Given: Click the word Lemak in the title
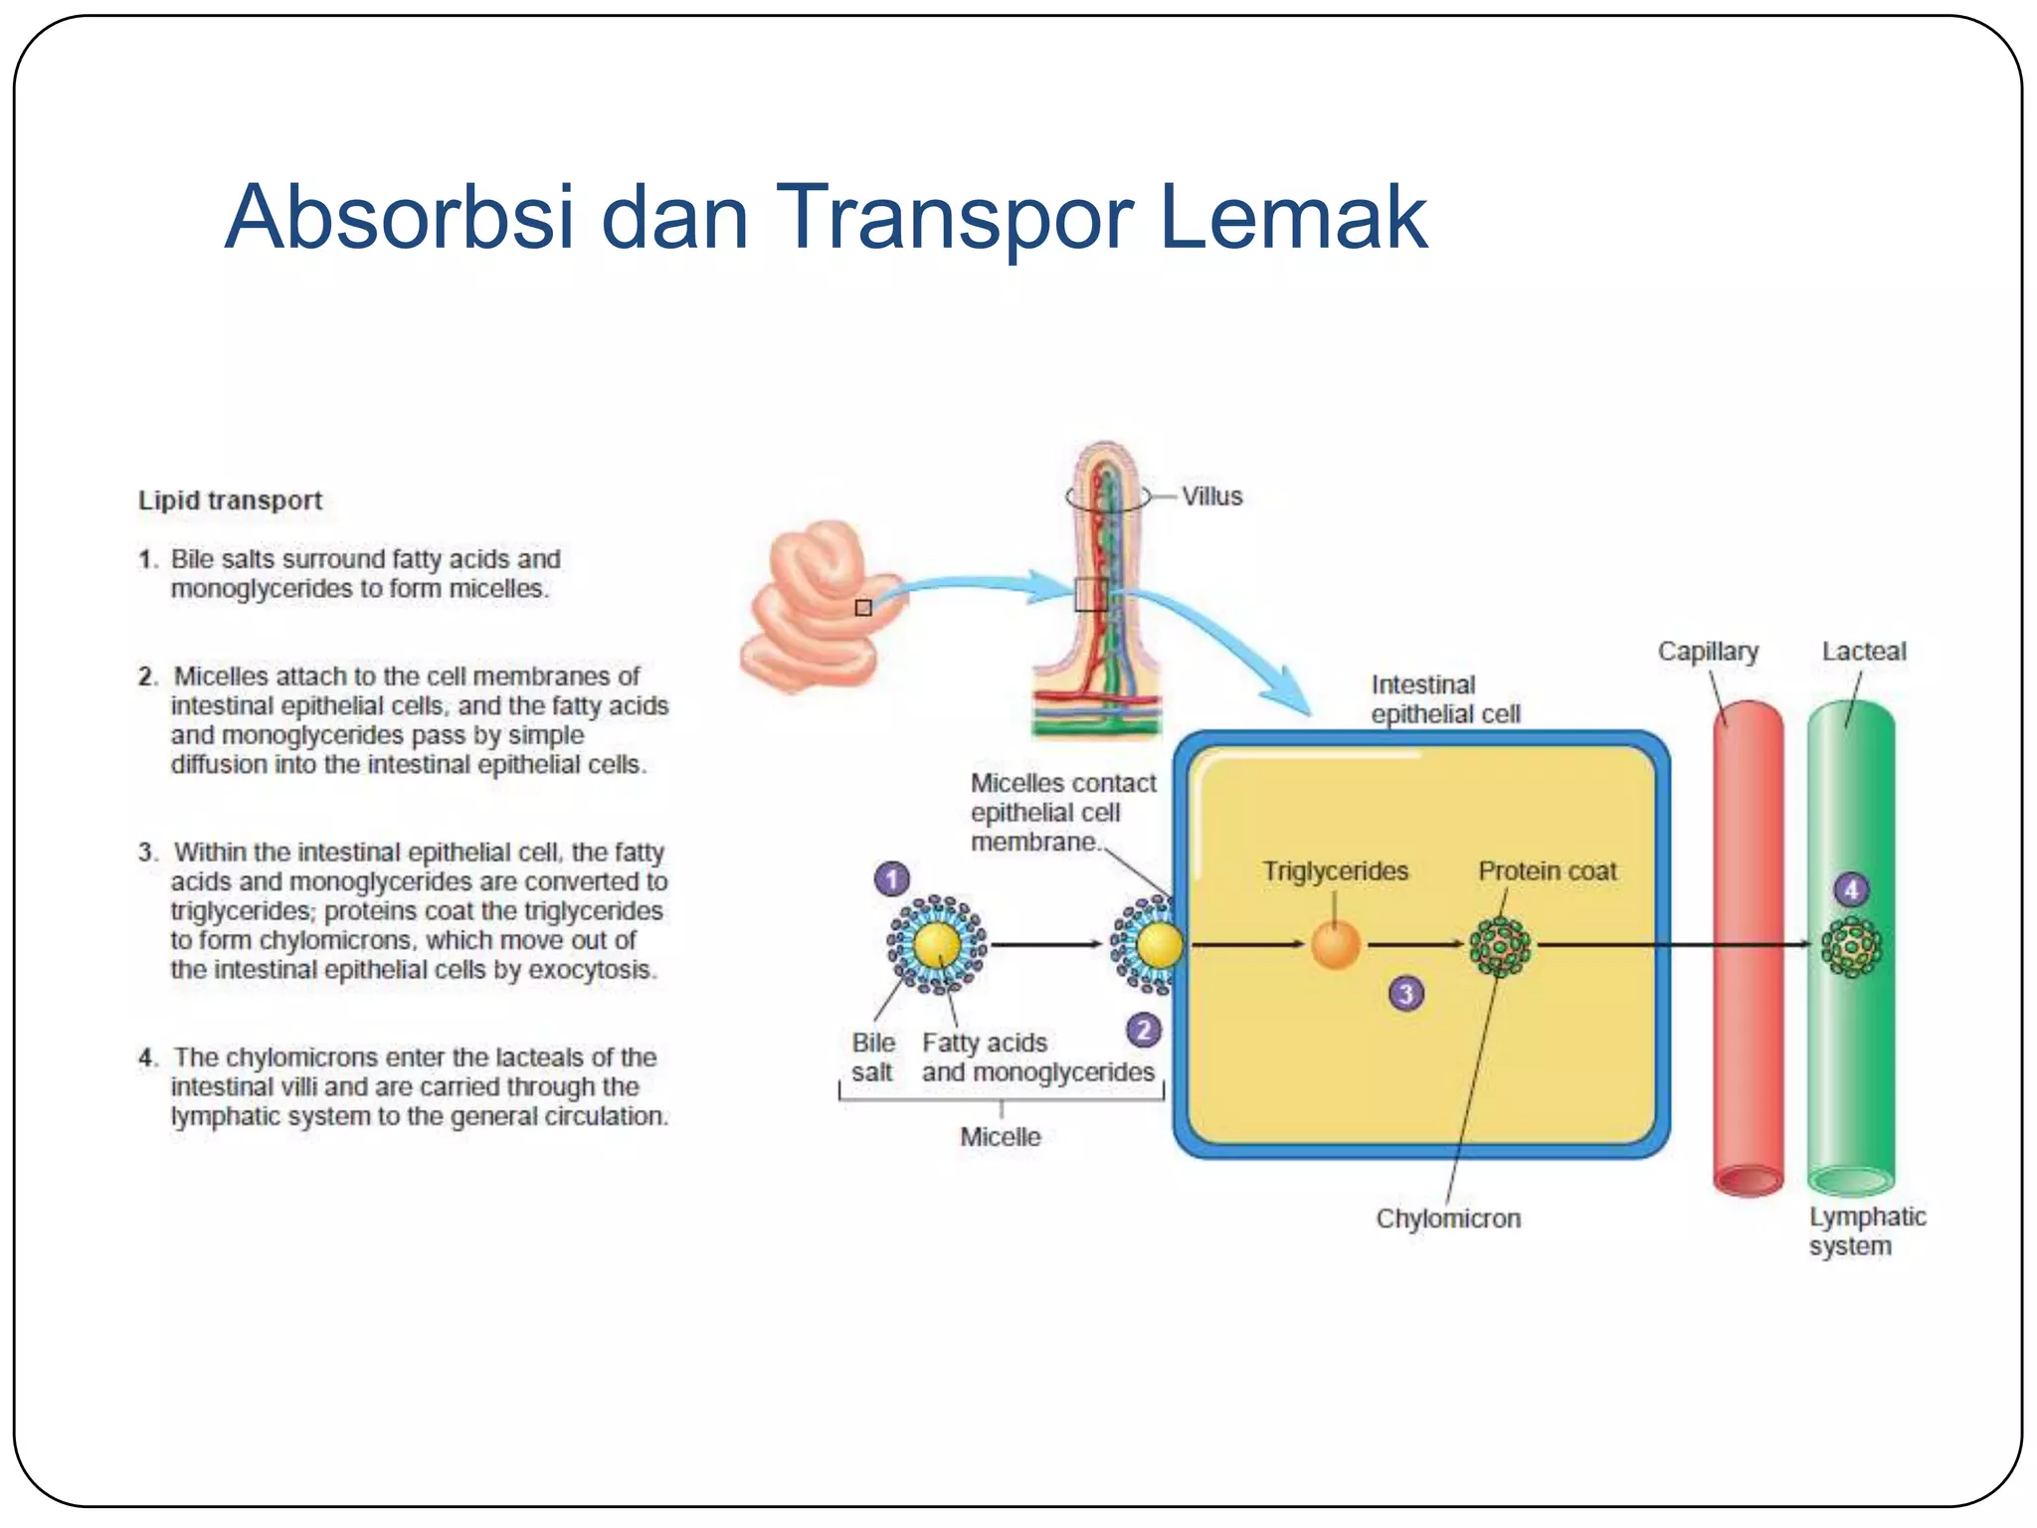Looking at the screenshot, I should (x=1293, y=217).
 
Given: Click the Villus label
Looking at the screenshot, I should (x=1211, y=496).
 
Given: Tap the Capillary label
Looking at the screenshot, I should (x=1708, y=652).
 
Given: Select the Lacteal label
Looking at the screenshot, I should (x=1863, y=652).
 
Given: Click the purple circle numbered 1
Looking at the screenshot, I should (x=892, y=879).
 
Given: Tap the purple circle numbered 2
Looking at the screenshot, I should (x=1144, y=1030).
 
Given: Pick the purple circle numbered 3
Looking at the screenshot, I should (x=1406, y=993).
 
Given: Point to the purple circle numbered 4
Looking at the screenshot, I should (x=1851, y=889).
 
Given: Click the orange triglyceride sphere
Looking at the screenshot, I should (x=1335, y=945).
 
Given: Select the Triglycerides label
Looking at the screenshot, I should (x=1335, y=871).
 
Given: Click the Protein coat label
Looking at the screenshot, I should (x=1547, y=871).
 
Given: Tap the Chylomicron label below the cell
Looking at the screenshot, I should (x=1448, y=1219).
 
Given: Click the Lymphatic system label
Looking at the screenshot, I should (x=1866, y=1232).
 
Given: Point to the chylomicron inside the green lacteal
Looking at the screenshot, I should (x=1851, y=947).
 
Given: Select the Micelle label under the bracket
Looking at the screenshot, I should (x=1000, y=1137).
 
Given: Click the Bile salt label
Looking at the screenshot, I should (x=872, y=1057).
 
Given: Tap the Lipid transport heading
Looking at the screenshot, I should (x=230, y=500).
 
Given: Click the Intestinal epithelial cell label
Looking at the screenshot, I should (x=1444, y=699).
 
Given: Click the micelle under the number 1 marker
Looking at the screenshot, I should (x=936, y=945).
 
